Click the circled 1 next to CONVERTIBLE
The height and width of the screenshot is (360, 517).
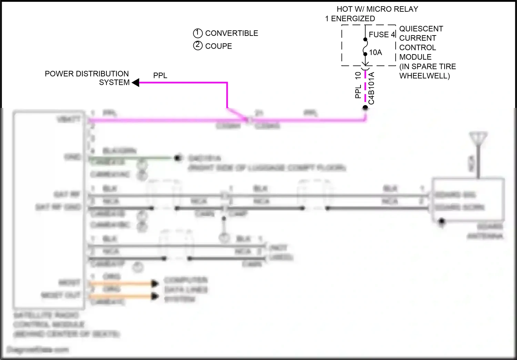(197, 33)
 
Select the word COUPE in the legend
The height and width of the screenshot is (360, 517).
(219, 46)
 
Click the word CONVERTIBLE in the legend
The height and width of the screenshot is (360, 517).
(231, 33)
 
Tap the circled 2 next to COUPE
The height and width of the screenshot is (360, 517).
(197, 46)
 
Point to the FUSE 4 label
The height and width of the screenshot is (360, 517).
(382, 34)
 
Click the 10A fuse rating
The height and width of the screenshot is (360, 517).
(375, 52)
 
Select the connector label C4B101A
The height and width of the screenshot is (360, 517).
(371, 88)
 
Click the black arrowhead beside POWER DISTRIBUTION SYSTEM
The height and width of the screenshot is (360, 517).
(136, 83)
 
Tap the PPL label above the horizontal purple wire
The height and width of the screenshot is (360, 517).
(160, 76)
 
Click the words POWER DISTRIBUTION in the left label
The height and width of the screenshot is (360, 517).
(87, 74)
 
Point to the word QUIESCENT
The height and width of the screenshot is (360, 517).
(421, 29)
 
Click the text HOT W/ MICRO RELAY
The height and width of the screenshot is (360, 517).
(377, 9)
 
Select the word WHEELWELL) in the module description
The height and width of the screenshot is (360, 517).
(424, 76)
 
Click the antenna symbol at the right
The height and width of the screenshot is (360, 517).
(478, 138)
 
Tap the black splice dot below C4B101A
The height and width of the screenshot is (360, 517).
(365, 108)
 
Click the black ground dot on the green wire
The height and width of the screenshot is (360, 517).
(178, 158)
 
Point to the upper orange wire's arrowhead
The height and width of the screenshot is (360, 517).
(155, 284)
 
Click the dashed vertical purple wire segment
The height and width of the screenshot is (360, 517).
(365, 86)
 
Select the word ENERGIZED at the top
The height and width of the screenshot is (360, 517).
(353, 19)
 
